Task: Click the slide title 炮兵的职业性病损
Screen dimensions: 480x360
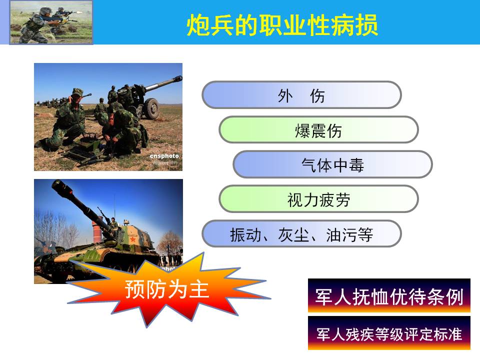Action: pyautogui.click(x=282, y=24)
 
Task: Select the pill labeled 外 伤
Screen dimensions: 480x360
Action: pyautogui.click(x=301, y=95)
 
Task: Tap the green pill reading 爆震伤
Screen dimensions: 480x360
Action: pyautogui.click(x=318, y=129)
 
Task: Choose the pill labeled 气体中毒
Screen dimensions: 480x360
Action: pyautogui.click(x=332, y=164)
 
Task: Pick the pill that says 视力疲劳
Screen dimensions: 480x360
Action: pyautogui.click(x=318, y=199)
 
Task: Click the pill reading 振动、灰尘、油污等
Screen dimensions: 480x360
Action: pyautogui.click(x=301, y=233)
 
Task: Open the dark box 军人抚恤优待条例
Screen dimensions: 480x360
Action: pyautogui.click(x=389, y=295)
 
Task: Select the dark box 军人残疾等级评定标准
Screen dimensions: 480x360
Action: pyautogui.click(x=389, y=333)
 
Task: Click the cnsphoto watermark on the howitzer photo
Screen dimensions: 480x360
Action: pyautogui.click(x=164, y=156)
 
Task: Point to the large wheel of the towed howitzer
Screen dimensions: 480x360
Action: pyautogui.click(x=151, y=108)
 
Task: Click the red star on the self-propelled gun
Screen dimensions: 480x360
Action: pyautogui.click(x=133, y=239)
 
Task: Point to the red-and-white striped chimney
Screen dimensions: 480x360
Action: pyautogui.click(x=96, y=229)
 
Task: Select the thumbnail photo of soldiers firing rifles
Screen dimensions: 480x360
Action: pyautogui.click(x=51, y=22)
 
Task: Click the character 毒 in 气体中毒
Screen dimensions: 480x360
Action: pyautogui.click(x=356, y=164)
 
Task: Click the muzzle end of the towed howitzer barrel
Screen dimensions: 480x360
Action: pyautogui.click(x=178, y=79)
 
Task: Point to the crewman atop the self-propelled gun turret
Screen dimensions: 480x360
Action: pyautogui.click(x=113, y=222)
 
